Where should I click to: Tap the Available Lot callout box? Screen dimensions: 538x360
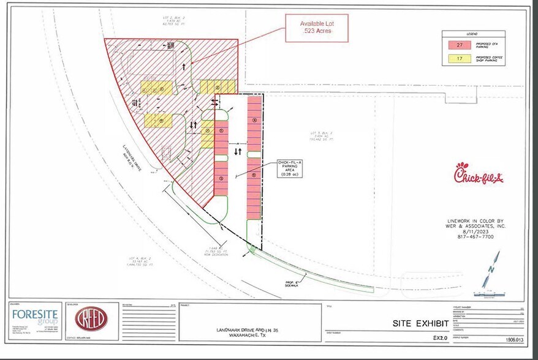click(x=316, y=28)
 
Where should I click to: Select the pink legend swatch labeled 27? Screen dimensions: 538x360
click(x=459, y=45)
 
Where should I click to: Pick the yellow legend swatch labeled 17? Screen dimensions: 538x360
click(x=459, y=59)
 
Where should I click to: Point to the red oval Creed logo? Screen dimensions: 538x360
click(x=91, y=318)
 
